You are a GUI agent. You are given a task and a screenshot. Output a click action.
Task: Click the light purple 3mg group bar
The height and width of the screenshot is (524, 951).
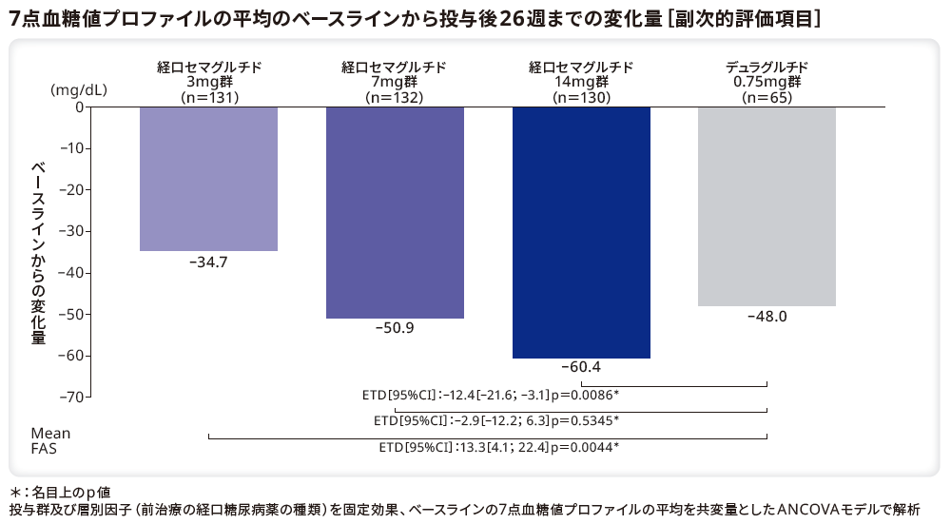click(x=208, y=179)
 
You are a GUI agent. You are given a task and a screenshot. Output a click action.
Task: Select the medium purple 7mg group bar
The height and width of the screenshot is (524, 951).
click(x=395, y=212)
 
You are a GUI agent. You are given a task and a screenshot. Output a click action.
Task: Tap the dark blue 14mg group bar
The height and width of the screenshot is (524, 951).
click(x=581, y=232)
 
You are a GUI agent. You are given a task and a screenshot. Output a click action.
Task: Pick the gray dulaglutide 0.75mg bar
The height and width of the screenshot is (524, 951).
click(x=767, y=206)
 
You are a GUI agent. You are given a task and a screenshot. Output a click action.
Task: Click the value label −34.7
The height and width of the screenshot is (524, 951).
click(x=208, y=262)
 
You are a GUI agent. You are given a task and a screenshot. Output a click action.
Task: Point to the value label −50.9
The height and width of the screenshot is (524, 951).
click(x=395, y=329)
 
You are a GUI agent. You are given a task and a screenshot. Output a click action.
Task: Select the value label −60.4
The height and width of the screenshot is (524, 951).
click(x=581, y=367)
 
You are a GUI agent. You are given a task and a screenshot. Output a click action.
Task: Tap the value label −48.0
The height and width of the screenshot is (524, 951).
click(x=767, y=317)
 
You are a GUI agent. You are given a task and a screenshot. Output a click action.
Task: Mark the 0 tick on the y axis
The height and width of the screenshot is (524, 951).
click(x=79, y=107)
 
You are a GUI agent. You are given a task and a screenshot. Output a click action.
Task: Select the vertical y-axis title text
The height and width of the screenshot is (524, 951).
click(x=39, y=252)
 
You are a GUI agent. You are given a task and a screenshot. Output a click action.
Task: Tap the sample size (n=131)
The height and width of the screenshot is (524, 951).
click(x=208, y=96)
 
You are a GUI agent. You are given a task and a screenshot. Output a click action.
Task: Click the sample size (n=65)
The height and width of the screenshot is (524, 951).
click(x=767, y=96)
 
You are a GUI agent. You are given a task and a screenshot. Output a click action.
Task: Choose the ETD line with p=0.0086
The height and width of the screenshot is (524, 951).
click(x=491, y=394)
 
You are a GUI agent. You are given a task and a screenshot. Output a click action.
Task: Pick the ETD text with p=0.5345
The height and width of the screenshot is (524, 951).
click(x=495, y=419)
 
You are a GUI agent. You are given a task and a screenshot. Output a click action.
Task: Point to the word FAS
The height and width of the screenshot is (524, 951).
click(x=44, y=448)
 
